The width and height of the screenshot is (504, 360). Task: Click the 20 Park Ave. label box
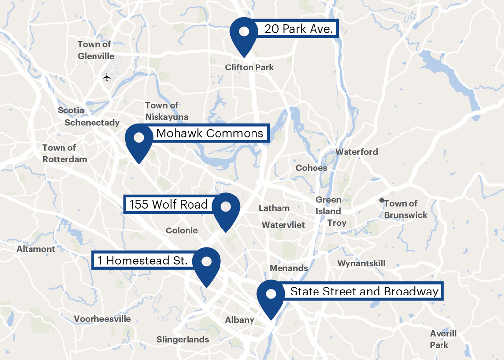point(299,29)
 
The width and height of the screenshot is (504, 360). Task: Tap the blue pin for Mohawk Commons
point(139,140)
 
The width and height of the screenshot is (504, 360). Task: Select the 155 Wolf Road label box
point(168,204)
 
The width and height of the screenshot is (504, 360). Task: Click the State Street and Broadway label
point(364,292)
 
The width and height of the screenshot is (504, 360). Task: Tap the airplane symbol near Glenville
point(107,77)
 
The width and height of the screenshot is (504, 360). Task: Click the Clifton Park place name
point(249,67)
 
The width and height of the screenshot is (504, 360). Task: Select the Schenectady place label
point(92,123)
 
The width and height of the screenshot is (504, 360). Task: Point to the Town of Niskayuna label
point(166,111)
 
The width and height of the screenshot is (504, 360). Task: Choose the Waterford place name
point(356,152)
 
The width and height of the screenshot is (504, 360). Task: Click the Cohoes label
point(311,168)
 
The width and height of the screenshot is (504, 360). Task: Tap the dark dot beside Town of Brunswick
point(381,201)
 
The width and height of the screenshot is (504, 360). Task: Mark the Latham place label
point(274,208)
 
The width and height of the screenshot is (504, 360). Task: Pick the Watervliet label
point(283,225)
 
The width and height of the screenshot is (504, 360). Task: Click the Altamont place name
point(36,249)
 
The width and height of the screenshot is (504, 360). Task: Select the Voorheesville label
point(102,319)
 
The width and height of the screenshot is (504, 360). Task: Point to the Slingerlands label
point(183,339)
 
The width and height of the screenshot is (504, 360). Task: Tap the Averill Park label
point(443,339)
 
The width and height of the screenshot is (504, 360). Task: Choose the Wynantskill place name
point(361,263)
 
